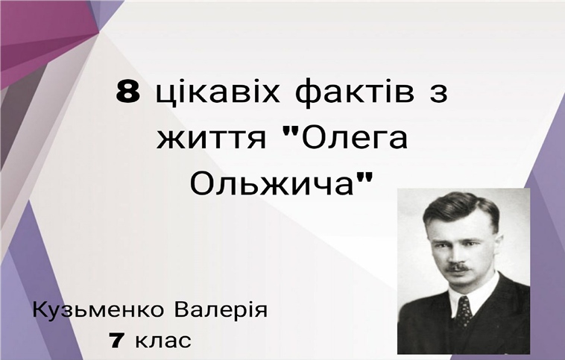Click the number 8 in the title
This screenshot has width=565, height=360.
coord(128,92)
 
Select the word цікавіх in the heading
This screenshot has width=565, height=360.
coord(218,92)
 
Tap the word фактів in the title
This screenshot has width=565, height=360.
coord(355,93)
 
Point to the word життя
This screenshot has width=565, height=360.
coord(211,139)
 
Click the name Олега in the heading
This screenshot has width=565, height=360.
coord(354,138)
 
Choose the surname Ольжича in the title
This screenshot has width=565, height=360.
coord(271,185)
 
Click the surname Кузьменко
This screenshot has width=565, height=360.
coord(98,310)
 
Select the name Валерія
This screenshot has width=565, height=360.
coord(221,309)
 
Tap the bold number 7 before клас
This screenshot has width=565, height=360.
coord(118,340)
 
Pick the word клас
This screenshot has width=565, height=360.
coord(163,341)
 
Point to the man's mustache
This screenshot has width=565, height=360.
coord(457,268)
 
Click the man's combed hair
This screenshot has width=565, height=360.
coord(461,209)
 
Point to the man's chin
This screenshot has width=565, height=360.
coord(458,285)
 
